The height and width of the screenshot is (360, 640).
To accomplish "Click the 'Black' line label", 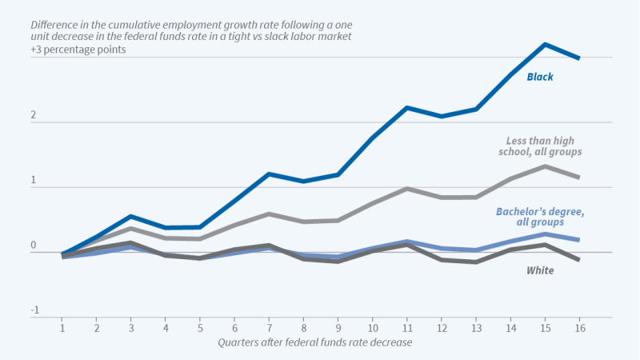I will click(x=540, y=78).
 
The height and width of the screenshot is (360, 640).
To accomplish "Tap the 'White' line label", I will click(x=540, y=270).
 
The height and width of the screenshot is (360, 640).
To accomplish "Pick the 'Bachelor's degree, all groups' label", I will click(x=540, y=216).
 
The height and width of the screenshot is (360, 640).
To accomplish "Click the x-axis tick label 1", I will click(x=62, y=328).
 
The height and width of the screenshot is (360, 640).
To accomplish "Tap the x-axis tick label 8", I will click(x=303, y=328).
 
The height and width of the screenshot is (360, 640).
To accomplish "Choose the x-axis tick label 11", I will click(x=406, y=328).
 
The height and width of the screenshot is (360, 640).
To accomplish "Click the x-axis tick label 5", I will click(x=200, y=328).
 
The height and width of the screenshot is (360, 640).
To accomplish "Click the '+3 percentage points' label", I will click(x=79, y=50).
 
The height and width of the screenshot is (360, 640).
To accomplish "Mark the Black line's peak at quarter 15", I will click(x=545, y=44).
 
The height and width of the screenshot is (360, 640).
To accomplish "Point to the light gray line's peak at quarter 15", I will click(x=545, y=166).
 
